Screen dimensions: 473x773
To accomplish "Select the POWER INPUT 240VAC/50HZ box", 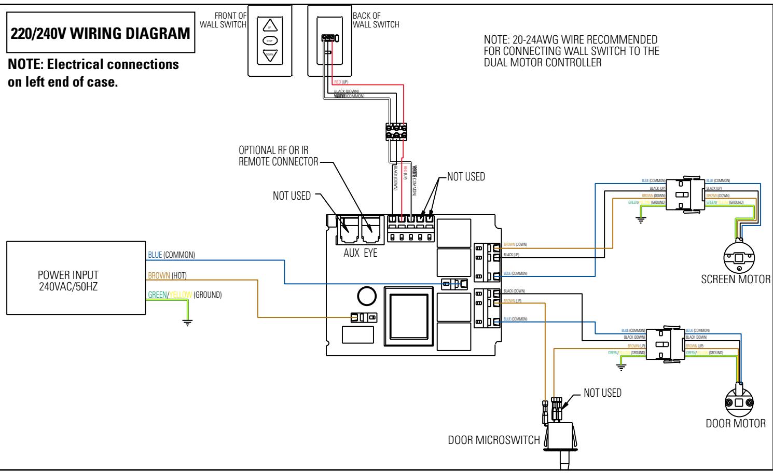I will pos(75,277).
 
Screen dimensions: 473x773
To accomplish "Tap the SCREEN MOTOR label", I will pos(735,280).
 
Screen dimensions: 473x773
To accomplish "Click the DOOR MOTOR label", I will pos(736,423).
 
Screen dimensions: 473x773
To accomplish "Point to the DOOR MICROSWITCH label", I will pos(493,440).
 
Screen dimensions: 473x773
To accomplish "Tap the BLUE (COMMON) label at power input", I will pos(171,255).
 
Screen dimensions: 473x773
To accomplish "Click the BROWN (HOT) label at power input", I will pos(167,275).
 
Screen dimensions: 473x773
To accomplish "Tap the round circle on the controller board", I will pos(366,296).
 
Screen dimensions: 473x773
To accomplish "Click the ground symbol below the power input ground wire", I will pos(187,322).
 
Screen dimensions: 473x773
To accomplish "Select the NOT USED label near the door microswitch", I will pos(602,393).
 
